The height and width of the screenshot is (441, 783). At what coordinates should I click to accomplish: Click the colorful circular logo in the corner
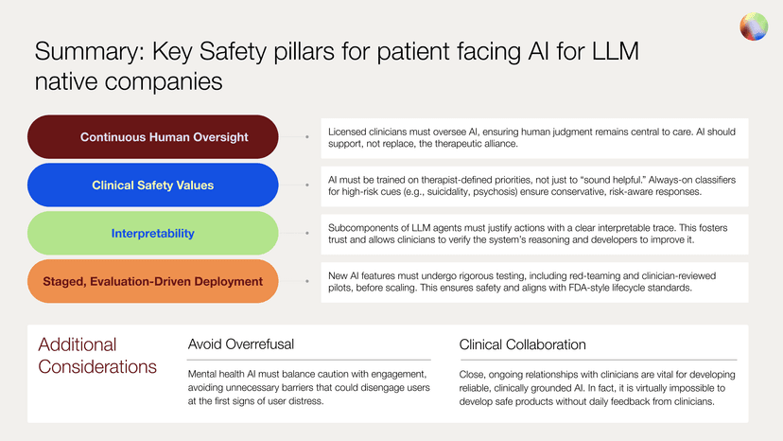(754, 26)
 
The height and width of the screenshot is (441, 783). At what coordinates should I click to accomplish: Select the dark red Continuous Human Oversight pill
(152, 137)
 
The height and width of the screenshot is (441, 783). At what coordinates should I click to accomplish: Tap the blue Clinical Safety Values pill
(152, 185)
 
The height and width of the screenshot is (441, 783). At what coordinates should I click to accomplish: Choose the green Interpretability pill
(152, 233)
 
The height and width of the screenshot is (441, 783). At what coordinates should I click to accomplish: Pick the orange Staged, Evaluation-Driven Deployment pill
(152, 281)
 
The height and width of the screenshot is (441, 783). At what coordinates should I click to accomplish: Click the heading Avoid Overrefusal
(241, 344)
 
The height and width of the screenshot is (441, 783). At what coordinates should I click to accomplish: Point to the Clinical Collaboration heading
(523, 344)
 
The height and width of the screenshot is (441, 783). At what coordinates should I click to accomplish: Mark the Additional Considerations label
(97, 355)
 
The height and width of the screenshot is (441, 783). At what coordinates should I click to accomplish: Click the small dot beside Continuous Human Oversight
(307, 137)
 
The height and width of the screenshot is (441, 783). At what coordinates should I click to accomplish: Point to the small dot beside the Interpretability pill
(307, 233)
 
